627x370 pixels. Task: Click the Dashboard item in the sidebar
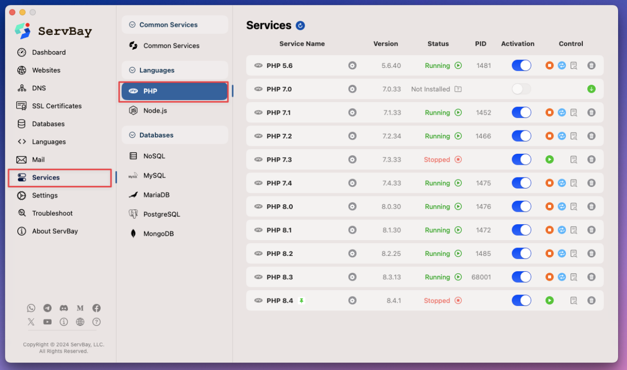click(49, 53)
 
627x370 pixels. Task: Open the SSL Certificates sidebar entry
click(57, 106)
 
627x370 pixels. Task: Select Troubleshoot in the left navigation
click(52, 213)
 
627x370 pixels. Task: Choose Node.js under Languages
click(155, 111)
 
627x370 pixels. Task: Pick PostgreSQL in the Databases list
click(161, 214)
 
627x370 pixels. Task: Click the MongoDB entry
click(158, 234)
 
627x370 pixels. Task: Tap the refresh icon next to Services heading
click(300, 25)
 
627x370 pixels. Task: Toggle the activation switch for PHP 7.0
click(521, 89)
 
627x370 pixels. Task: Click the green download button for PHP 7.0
click(591, 89)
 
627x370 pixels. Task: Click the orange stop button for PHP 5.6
click(549, 65)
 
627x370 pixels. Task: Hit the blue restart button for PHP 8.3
click(562, 277)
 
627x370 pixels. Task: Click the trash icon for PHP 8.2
click(591, 253)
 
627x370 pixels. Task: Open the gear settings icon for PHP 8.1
click(352, 230)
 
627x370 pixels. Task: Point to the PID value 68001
click(481, 277)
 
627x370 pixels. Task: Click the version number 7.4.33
click(391, 183)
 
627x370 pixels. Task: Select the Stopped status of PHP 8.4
click(437, 301)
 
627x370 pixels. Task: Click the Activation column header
click(517, 44)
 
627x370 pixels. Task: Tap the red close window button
click(12, 12)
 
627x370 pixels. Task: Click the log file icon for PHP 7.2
click(574, 136)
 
